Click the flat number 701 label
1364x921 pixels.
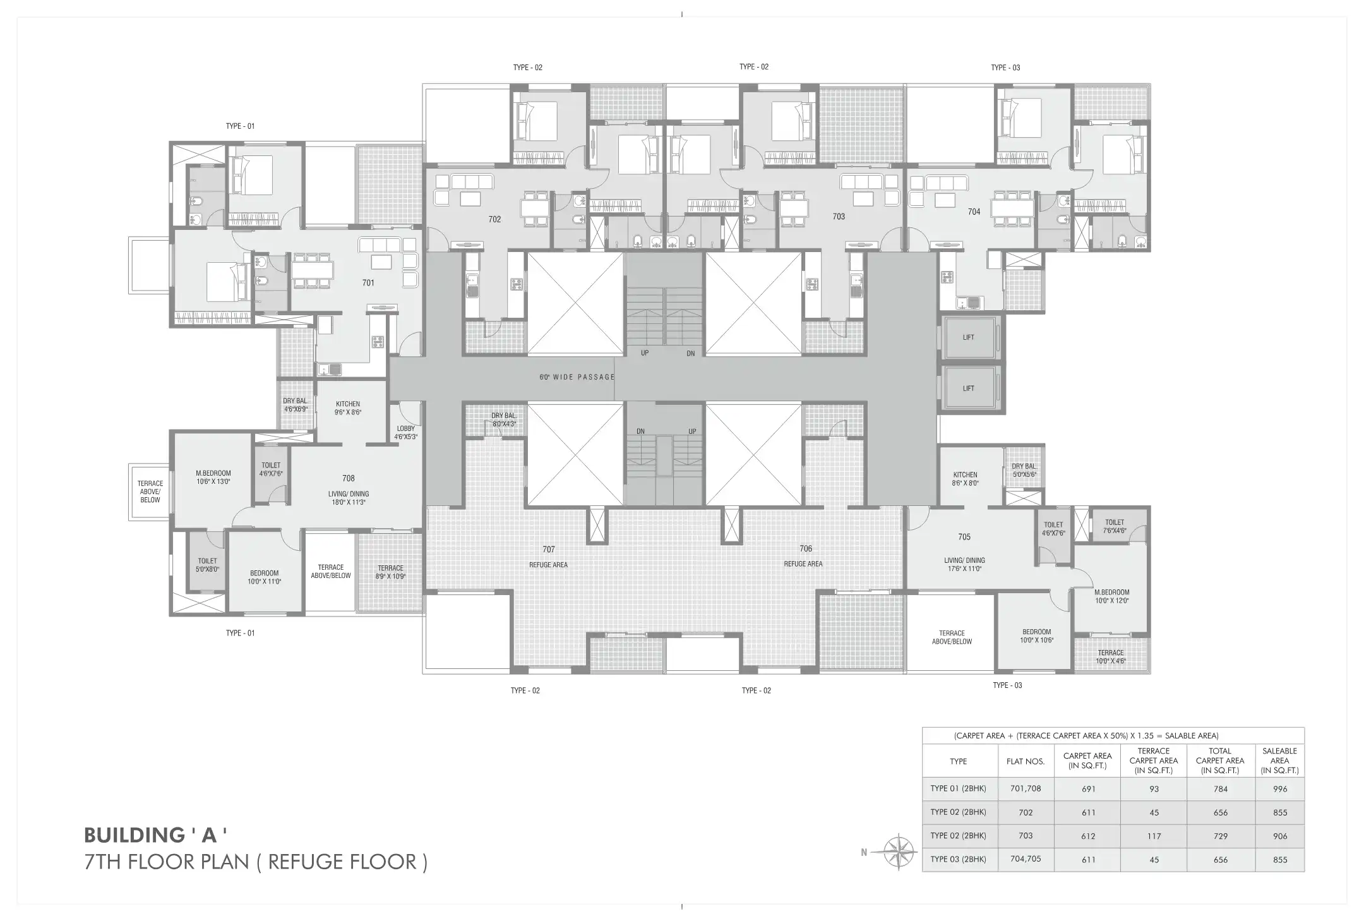pyautogui.click(x=368, y=283)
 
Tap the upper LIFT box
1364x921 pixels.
pyautogui.click(x=968, y=338)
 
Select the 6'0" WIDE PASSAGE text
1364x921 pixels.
pyautogui.click(x=577, y=377)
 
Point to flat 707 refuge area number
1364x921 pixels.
pyautogui.click(x=548, y=550)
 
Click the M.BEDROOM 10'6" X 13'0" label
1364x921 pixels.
pyautogui.click(x=213, y=477)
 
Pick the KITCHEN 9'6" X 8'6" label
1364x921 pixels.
pyautogui.click(x=348, y=408)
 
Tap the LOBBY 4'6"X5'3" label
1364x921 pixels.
pyautogui.click(x=406, y=433)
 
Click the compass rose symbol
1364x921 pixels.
pyautogui.click(x=899, y=852)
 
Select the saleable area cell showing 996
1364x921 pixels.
pyautogui.click(x=1280, y=789)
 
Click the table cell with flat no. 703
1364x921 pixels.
pyautogui.click(x=1026, y=836)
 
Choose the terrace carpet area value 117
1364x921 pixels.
pyautogui.click(x=1154, y=836)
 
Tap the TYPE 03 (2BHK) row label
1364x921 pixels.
pyautogui.click(x=958, y=859)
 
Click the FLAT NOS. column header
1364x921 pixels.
pyautogui.click(x=1026, y=761)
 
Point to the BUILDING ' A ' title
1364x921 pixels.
pyautogui.click(x=155, y=835)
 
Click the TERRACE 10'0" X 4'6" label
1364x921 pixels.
pyautogui.click(x=1111, y=657)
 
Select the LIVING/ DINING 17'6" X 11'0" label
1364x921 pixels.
pyautogui.click(x=964, y=565)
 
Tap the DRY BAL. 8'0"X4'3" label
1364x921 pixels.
pyautogui.click(x=504, y=419)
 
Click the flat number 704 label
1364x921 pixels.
pyautogui.click(x=974, y=212)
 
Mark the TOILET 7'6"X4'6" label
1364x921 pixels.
pyautogui.click(x=1115, y=526)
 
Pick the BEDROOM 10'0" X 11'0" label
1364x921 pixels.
pyautogui.click(x=264, y=577)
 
